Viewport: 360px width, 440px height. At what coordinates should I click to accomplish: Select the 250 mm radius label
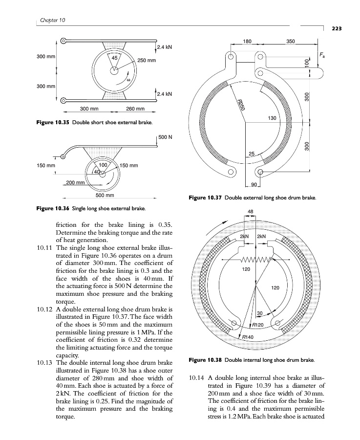146,61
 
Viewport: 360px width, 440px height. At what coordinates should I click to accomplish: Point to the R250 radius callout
240,105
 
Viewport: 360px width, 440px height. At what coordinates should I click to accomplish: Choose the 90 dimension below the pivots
254,184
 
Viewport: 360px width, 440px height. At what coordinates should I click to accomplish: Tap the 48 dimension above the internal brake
251,212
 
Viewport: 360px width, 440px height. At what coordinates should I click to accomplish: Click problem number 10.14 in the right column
196,378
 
